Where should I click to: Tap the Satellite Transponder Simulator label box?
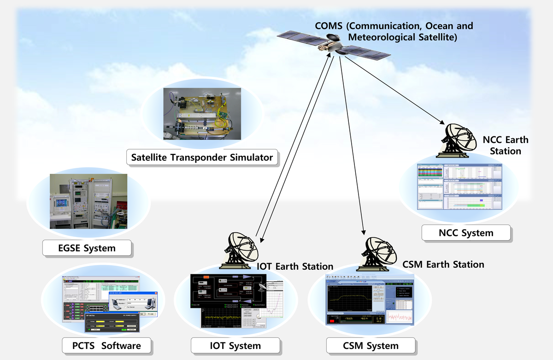pos(202,158)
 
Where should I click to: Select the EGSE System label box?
pos(87,248)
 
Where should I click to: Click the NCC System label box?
pos(466,233)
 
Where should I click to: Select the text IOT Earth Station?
pos(295,266)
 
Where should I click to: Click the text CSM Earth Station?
pos(443,265)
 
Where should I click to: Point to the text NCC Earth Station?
pos(506,145)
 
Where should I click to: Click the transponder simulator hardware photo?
pos(202,113)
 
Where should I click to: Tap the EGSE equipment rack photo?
pos(88,201)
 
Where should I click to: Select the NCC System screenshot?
pos(459,187)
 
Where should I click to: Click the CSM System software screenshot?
pos(370,299)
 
